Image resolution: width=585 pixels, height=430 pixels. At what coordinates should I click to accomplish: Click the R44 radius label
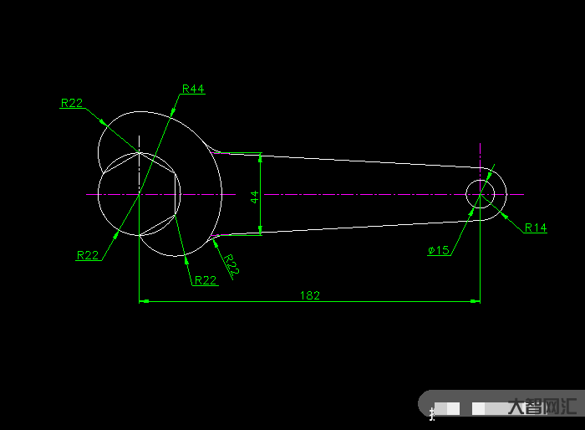pos(193,89)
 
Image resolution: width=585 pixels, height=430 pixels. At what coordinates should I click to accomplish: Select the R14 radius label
pos(536,228)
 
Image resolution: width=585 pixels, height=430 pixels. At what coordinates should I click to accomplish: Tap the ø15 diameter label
pos(439,250)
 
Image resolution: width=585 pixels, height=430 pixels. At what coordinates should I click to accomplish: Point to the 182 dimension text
pos(310,295)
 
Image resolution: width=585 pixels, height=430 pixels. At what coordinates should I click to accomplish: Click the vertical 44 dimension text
pos(254,197)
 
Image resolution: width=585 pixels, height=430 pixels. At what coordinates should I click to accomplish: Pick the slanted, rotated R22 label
pos(231,265)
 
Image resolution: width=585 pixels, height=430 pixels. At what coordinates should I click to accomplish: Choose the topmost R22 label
pos(72,103)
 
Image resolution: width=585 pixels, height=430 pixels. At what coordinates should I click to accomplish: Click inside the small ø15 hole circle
pos(481,194)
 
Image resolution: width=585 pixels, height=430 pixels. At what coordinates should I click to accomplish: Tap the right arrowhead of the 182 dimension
pos(475,301)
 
